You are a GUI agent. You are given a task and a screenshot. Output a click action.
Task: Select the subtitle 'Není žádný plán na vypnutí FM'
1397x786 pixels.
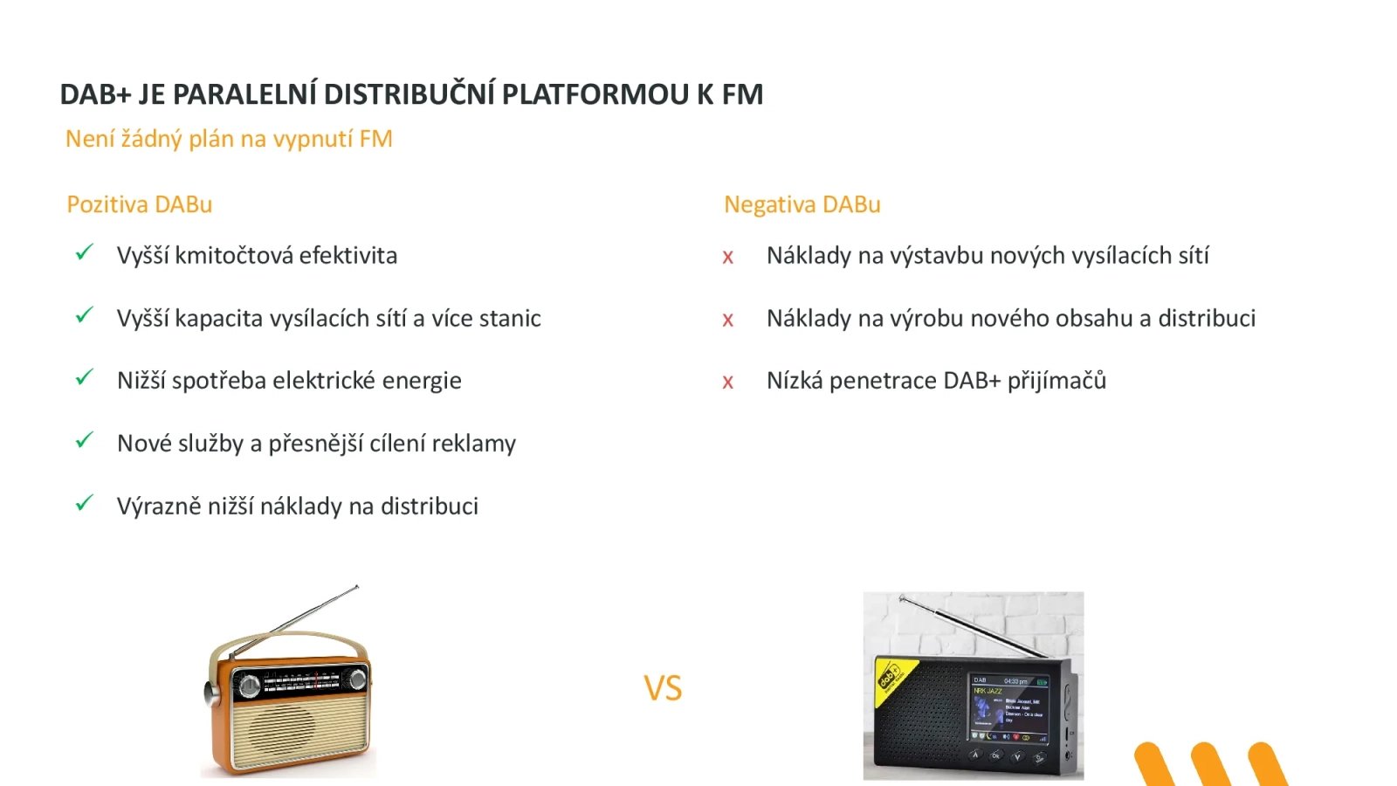229,139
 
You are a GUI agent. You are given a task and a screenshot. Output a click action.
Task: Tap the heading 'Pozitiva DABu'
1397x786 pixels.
140,204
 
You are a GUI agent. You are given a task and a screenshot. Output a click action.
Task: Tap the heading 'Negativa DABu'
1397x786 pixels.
802,204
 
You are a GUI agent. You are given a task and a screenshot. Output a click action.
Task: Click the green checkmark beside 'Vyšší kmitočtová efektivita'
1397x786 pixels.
84,253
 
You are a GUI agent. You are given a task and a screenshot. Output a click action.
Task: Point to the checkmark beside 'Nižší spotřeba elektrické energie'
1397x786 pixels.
84,378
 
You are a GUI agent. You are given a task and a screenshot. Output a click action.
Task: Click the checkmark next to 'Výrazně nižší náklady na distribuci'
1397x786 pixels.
84,504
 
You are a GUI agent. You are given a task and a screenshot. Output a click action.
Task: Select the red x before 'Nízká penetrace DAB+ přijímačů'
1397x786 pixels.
727,383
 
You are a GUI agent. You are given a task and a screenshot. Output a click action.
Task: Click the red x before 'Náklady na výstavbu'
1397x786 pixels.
727,258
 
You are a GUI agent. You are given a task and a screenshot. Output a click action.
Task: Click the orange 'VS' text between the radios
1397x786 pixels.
663,688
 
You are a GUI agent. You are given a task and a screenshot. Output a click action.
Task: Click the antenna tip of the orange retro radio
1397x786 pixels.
355,588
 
